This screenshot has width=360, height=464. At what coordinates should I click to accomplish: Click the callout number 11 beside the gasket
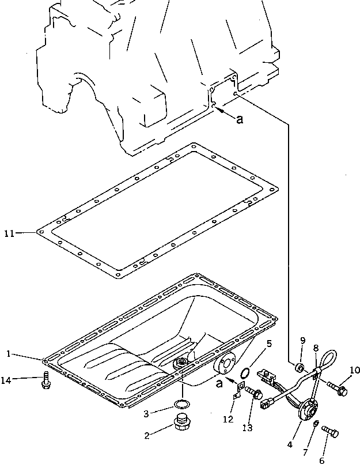point(9,233)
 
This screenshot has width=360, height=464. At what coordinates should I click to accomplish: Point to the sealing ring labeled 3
point(181,403)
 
